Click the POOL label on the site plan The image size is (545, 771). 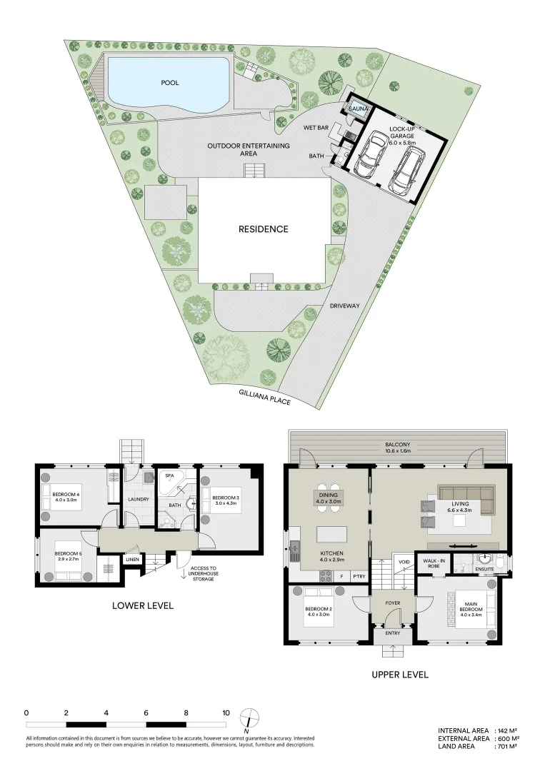tap(169, 83)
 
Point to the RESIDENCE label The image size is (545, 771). tap(264, 229)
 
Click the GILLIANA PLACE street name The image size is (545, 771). tap(264, 398)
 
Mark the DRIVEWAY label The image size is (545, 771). tap(344, 306)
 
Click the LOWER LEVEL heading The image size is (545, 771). tap(143, 605)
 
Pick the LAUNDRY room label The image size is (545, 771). tap(138, 499)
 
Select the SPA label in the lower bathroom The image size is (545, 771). tap(170, 475)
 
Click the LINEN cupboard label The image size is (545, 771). tap(132, 559)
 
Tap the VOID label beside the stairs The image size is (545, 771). tap(404, 562)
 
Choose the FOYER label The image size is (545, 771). tap(392, 603)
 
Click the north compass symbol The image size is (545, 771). tap(247, 717)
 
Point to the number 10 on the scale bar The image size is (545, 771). tap(226, 712)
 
